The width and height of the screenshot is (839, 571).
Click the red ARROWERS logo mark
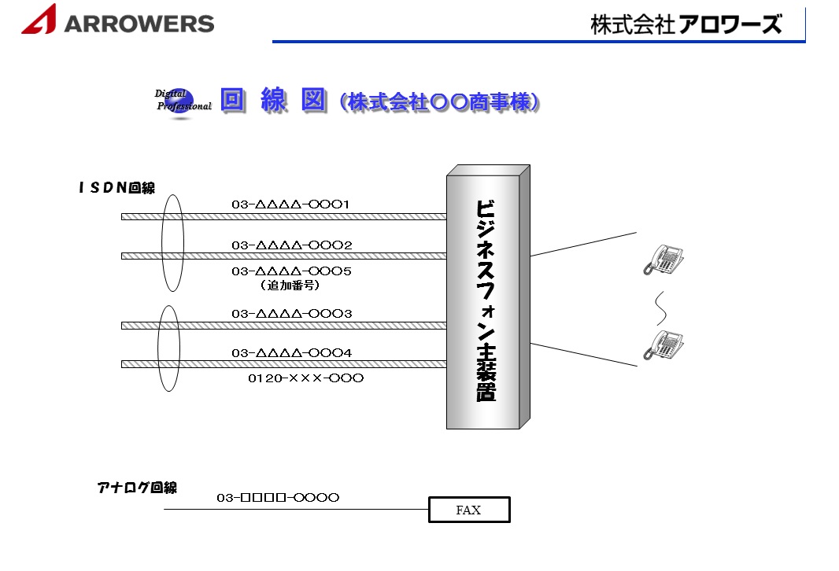[39, 20]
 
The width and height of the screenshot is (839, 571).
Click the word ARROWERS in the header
[139, 24]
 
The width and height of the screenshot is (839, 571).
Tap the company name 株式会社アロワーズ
[686, 24]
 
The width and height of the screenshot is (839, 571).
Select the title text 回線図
[272, 101]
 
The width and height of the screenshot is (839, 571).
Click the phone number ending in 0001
[290, 204]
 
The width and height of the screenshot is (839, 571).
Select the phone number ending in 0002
[291, 245]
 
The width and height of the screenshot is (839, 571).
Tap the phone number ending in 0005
[291, 271]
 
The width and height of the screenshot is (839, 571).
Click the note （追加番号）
[290, 285]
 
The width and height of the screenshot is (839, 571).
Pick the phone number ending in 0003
[291, 314]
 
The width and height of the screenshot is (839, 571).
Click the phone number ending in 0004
[291, 353]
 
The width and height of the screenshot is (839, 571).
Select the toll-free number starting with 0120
[305, 378]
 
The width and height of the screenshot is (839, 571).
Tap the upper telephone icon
[663, 259]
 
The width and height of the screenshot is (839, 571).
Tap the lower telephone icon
[663, 344]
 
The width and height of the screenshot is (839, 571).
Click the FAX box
[469, 510]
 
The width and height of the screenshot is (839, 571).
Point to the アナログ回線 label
[137, 488]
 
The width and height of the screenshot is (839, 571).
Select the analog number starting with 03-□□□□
[278, 497]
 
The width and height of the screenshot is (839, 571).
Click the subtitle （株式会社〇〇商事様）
[440, 102]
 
